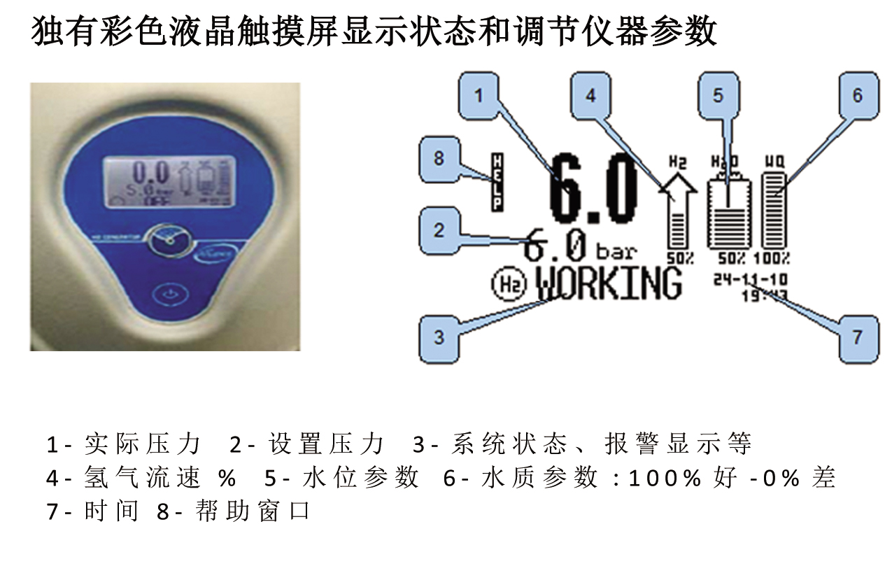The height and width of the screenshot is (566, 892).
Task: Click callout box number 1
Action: coord(479,95)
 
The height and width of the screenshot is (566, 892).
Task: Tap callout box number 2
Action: coord(439,230)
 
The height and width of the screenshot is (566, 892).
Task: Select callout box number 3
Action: coord(439,337)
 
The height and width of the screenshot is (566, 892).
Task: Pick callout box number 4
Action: coord(590,95)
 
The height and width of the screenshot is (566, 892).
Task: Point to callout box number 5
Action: coord(718,95)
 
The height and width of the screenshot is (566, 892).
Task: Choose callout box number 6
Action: coord(857,95)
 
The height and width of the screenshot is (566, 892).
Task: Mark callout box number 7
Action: coord(857,337)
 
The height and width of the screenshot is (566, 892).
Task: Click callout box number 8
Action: coord(439,159)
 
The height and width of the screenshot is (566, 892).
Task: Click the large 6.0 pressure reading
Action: coord(594,189)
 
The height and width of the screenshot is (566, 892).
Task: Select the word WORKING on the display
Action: coord(609,283)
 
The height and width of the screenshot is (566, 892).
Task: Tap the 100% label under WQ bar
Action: coord(777,257)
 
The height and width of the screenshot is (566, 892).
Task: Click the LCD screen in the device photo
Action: coord(166,181)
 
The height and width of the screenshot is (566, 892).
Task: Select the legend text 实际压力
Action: coord(143,444)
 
